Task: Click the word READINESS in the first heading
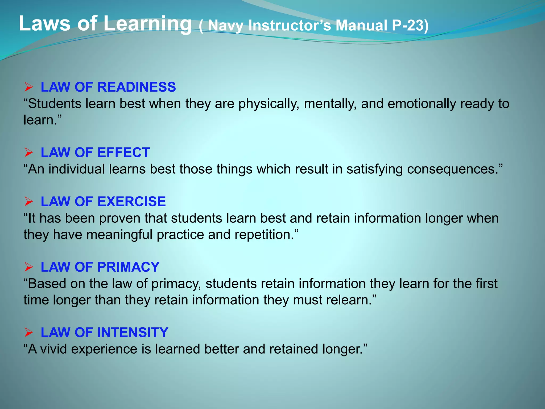140,87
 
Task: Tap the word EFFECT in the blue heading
124,153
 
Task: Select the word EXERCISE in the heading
131,202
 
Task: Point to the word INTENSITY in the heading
133,333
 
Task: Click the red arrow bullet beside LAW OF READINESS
28,87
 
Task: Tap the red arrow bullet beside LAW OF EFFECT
28,153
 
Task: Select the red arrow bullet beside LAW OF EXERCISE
28,202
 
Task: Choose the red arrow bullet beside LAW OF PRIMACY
28,267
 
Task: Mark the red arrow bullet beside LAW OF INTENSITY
28,333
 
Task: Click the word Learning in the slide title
147,24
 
